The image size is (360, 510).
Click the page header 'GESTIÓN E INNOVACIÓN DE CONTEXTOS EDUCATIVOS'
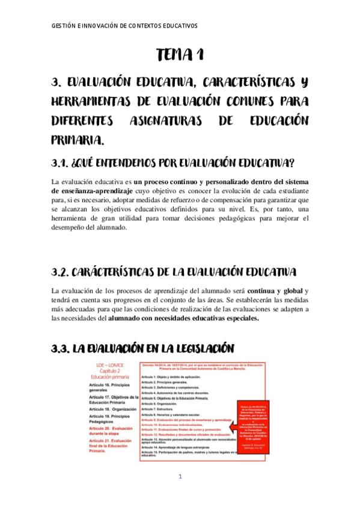point(124,26)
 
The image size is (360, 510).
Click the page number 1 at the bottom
point(180,477)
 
